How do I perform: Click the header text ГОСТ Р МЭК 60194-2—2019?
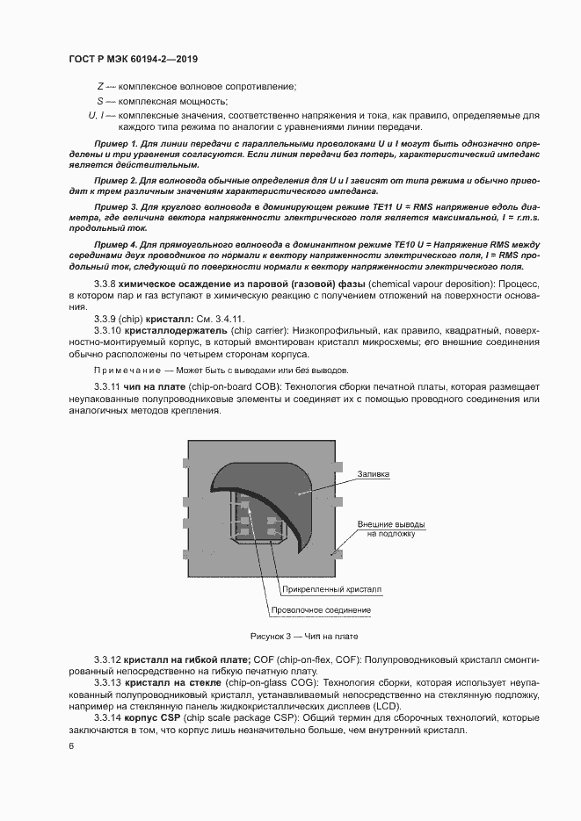[x=132, y=60]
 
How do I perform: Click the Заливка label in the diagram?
[x=373, y=474]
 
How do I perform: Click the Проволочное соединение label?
[x=321, y=610]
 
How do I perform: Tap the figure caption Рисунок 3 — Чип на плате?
[x=304, y=636]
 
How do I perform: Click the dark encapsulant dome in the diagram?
[x=264, y=487]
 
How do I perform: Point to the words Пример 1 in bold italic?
[x=114, y=142]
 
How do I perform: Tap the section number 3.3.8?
[x=106, y=285]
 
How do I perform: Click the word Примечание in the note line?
[x=126, y=371]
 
